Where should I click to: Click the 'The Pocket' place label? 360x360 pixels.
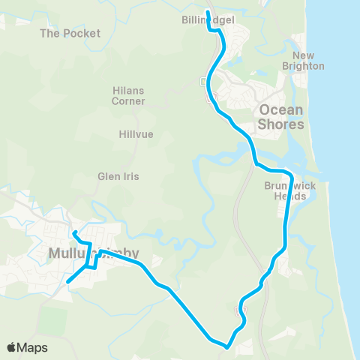coord(70,34)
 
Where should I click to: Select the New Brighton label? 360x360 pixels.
coord(309,61)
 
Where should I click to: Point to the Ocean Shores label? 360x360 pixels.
coord(281,117)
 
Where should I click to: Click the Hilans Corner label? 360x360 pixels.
coord(127,95)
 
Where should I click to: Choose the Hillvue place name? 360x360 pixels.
coord(136,134)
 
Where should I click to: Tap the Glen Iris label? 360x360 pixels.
coord(115,177)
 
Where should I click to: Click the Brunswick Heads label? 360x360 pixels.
coord(285,190)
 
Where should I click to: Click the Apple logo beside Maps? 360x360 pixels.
coord(13,347)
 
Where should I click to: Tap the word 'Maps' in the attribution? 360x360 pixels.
coord(33,347)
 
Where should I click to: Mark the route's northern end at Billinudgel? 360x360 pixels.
coord(208,12)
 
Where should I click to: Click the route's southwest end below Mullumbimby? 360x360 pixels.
coord(67,282)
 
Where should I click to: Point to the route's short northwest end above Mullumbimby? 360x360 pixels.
coord(73,231)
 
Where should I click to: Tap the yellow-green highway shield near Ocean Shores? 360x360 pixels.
coord(212,95)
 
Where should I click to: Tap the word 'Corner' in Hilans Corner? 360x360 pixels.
coord(127,100)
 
